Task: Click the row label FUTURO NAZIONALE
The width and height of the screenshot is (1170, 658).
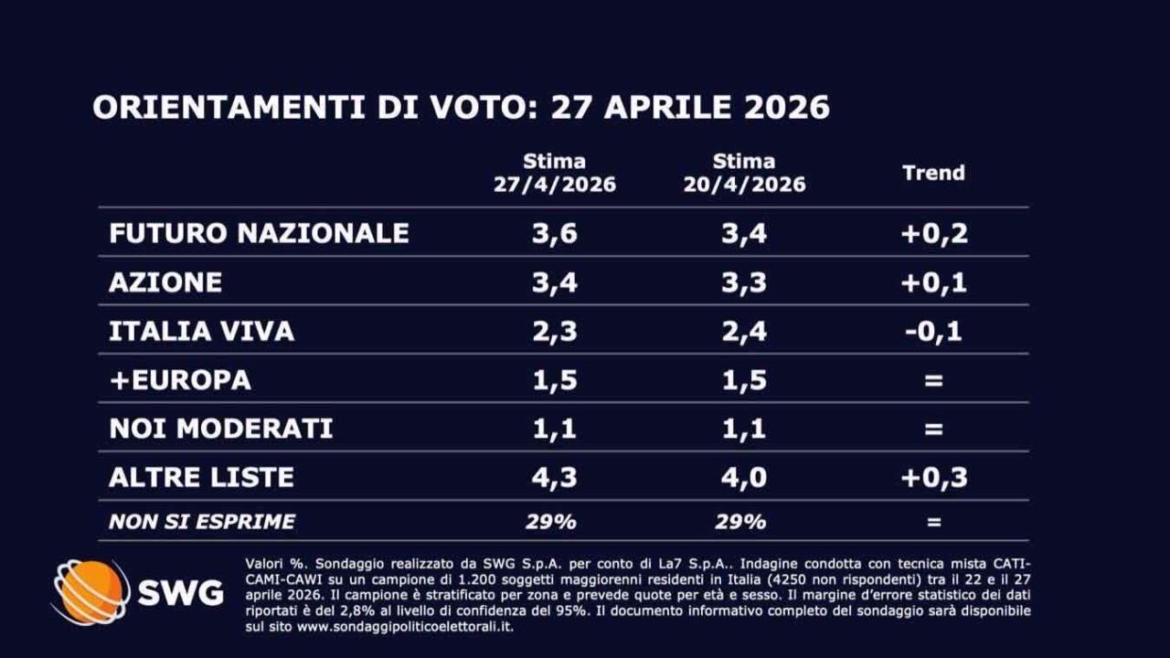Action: pyautogui.click(x=259, y=232)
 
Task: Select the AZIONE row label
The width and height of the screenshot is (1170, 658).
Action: pyautogui.click(x=165, y=281)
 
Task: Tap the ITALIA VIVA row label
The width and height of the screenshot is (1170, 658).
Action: pyautogui.click(x=201, y=331)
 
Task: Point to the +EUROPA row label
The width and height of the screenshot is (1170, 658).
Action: pyautogui.click(x=179, y=380)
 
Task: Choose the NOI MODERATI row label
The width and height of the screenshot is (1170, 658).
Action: pyautogui.click(x=220, y=428)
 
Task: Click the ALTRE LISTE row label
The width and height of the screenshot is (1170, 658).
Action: pyautogui.click(x=201, y=477)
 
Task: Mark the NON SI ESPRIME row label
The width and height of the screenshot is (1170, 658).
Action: pyautogui.click(x=201, y=522)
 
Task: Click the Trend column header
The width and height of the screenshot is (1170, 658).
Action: pyautogui.click(x=933, y=173)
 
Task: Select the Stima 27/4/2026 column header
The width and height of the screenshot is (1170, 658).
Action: pyautogui.click(x=554, y=173)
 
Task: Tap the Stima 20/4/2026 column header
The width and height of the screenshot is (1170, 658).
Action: pyautogui.click(x=744, y=173)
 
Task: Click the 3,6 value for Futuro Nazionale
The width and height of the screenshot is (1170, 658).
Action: pyautogui.click(x=554, y=233)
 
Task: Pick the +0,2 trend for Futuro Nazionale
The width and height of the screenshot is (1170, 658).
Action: pyautogui.click(x=933, y=233)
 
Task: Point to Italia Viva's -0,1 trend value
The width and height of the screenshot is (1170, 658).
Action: pyautogui.click(x=933, y=331)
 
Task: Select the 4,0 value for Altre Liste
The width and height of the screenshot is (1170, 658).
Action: pyautogui.click(x=744, y=477)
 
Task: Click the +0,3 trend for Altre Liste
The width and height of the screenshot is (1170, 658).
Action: pyautogui.click(x=933, y=477)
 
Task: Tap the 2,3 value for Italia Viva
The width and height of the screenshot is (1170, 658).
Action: pyautogui.click(x=554, y=331)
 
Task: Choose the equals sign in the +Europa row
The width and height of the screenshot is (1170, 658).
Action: pyautogui.click(x=933, y=380)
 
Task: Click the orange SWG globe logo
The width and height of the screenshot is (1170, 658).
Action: pyautogui.click(x=90, y=592)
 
